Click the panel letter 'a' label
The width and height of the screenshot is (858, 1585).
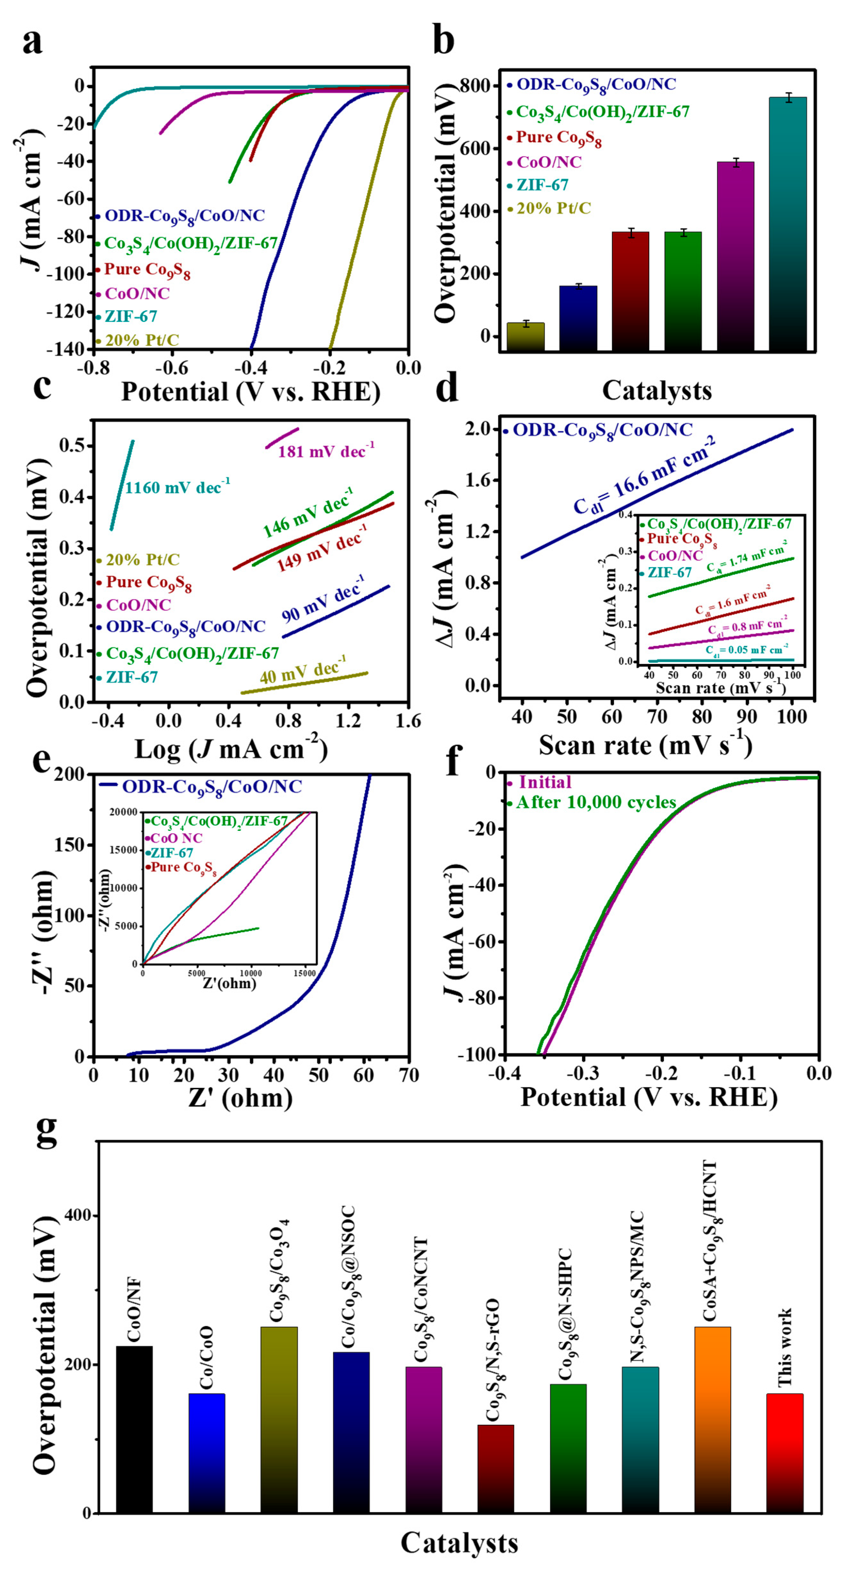click(x=32, y=42)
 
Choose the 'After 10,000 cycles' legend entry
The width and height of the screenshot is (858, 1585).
click(x=595, y=802)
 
